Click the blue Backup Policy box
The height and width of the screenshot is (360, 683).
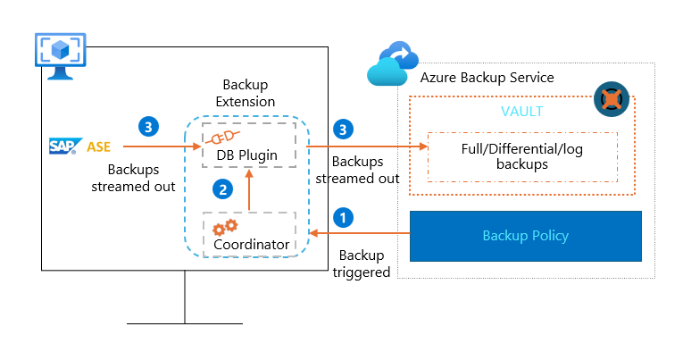[x=525, y=236]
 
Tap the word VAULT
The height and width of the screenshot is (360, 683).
[x=522, y=112]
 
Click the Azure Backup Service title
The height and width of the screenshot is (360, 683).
[x=487, y=78]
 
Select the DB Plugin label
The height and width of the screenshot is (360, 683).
[x=246, y=155]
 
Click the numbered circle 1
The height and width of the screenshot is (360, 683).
[x=342, y=216]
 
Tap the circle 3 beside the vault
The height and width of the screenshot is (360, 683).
[x=342, y=130]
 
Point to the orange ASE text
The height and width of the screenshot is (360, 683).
[x=99, y=145]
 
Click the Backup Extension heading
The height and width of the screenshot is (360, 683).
[x=246, y=92]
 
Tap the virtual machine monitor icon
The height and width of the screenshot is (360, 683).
[x=61, y=56]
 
